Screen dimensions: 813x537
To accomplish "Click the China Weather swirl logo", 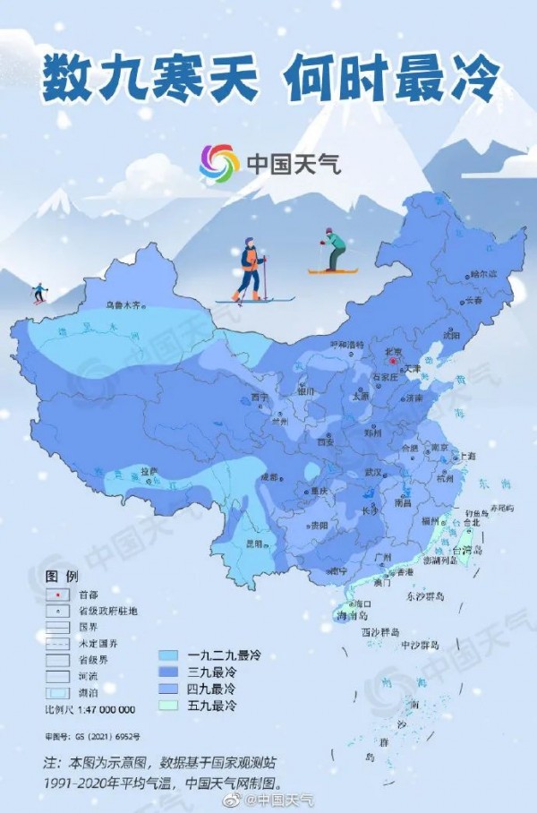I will [x=218, y=163].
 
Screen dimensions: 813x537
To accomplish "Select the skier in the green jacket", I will [x=334, y=250].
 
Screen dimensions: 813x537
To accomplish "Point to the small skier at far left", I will [x=38, y=293].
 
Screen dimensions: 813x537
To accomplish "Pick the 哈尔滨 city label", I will [x=482, y=275].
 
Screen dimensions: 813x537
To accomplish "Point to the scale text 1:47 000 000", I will [x=89, y=709].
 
